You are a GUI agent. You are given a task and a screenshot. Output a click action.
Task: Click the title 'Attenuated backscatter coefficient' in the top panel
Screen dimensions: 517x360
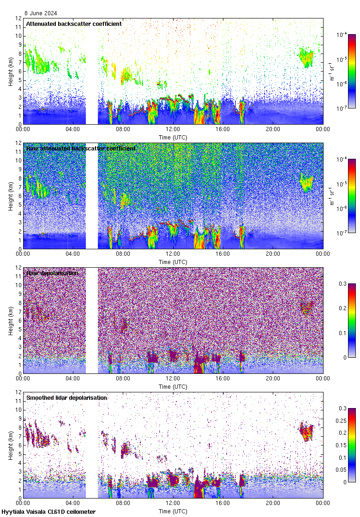click(x=74, y=24)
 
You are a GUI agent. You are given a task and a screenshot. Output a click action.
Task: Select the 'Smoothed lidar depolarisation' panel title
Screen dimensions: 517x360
click(x=66, y=397)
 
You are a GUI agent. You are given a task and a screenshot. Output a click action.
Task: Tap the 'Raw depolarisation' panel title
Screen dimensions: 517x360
click(x=52, y=273)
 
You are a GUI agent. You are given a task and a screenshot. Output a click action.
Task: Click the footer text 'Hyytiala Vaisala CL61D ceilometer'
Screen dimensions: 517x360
click(x=48, y=512)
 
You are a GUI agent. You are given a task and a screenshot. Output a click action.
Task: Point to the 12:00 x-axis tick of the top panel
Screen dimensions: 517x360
click(x=173, y=129)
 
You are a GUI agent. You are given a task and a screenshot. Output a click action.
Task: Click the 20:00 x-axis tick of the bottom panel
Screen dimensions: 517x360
click(x=273, y=503)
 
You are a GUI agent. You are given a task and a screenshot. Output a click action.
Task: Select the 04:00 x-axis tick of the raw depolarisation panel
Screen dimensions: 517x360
click(x=73, y=379)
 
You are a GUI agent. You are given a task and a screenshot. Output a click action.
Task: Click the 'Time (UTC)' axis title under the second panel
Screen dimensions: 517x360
click(x=173, y=262)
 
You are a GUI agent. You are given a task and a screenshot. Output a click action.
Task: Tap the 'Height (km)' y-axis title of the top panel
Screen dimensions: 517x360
click(x=11, y=71)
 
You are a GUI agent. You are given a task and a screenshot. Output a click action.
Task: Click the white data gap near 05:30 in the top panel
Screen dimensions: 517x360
click(x=92, y=71)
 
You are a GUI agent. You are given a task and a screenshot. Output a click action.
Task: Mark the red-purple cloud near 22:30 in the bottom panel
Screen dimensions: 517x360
click(x=306, y=432)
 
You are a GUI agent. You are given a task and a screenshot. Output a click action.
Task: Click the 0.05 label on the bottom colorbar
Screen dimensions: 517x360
click(x=344, y=470)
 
